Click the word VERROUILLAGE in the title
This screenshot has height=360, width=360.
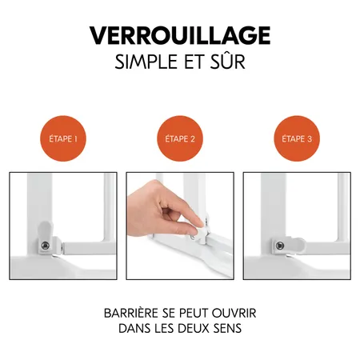180,36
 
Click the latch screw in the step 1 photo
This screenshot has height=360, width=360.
46,244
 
